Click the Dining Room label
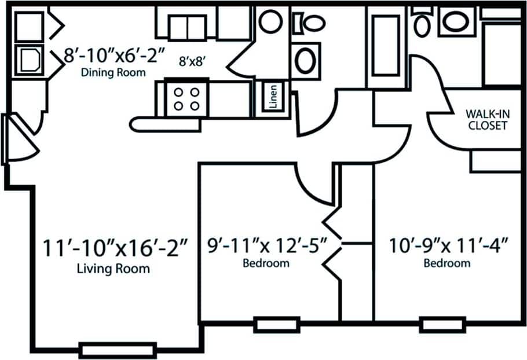[114, 73]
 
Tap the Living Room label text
[114, 269]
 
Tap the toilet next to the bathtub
[422, 22]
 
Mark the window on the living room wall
[118, 350]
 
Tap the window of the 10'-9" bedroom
[443, 324]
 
